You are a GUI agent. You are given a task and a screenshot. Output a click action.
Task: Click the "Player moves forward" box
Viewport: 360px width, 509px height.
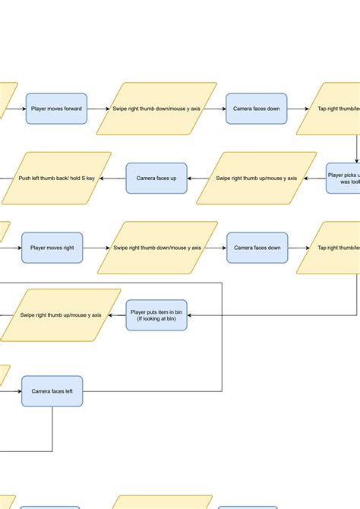(57, 109)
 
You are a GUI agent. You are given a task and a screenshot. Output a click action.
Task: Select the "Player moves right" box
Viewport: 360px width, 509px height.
(52, 248)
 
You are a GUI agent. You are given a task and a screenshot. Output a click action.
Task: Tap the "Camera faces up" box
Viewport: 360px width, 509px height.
(156, 179)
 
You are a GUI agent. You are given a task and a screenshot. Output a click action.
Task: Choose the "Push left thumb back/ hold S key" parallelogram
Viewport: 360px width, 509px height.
(57, 179)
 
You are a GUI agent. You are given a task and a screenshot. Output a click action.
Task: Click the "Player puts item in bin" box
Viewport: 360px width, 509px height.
(156, 315)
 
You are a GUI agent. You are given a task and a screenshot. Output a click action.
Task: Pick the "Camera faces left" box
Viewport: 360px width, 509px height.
(52, 391)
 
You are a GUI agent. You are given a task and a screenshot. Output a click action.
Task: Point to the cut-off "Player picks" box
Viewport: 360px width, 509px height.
(343, 179)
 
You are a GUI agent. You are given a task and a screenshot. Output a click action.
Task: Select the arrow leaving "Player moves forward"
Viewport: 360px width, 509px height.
(97, 109)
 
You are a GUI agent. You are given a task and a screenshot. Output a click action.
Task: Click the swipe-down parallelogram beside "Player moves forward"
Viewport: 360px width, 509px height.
(158, 109)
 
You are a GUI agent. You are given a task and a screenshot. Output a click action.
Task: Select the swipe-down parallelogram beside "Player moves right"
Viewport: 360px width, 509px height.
(158, 248)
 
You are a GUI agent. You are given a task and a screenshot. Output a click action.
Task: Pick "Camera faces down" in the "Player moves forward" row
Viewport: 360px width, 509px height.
(257, 109)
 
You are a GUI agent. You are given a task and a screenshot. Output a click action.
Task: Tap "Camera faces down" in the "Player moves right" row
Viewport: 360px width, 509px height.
(257, 248)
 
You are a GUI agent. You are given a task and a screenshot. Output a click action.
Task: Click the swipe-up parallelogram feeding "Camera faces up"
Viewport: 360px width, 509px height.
(257, 179)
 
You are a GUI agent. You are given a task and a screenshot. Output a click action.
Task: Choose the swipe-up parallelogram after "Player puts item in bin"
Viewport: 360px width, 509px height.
(61, 315)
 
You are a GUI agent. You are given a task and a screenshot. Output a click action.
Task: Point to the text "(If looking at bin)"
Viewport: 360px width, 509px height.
(156, 318)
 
